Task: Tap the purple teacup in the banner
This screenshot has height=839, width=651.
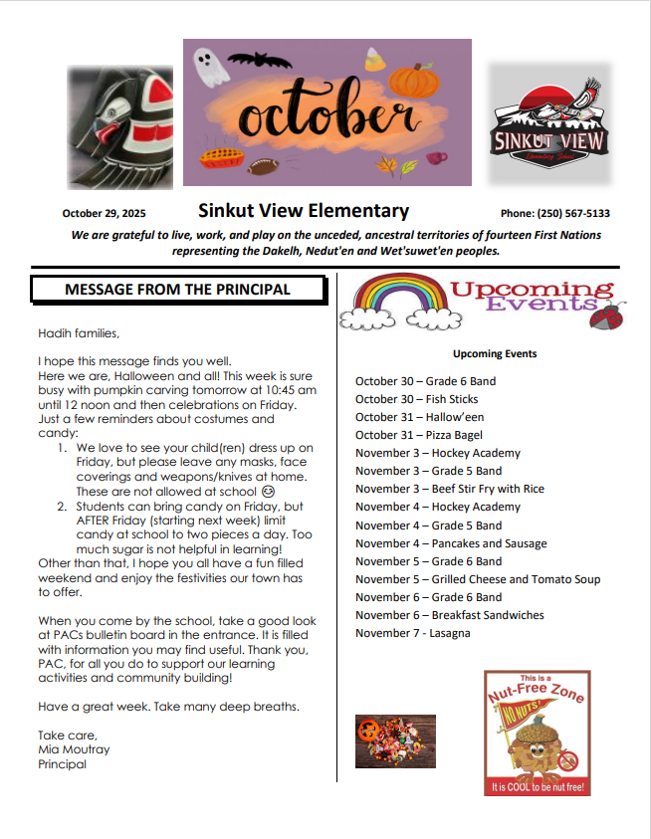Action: point(436,158)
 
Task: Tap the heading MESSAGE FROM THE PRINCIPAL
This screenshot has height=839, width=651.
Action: point(178,290)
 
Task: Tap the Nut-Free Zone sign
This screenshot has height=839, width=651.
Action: point(537,733)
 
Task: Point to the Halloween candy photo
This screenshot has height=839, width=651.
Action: point(395,740)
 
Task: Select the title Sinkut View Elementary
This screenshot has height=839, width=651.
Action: point(303,211)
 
